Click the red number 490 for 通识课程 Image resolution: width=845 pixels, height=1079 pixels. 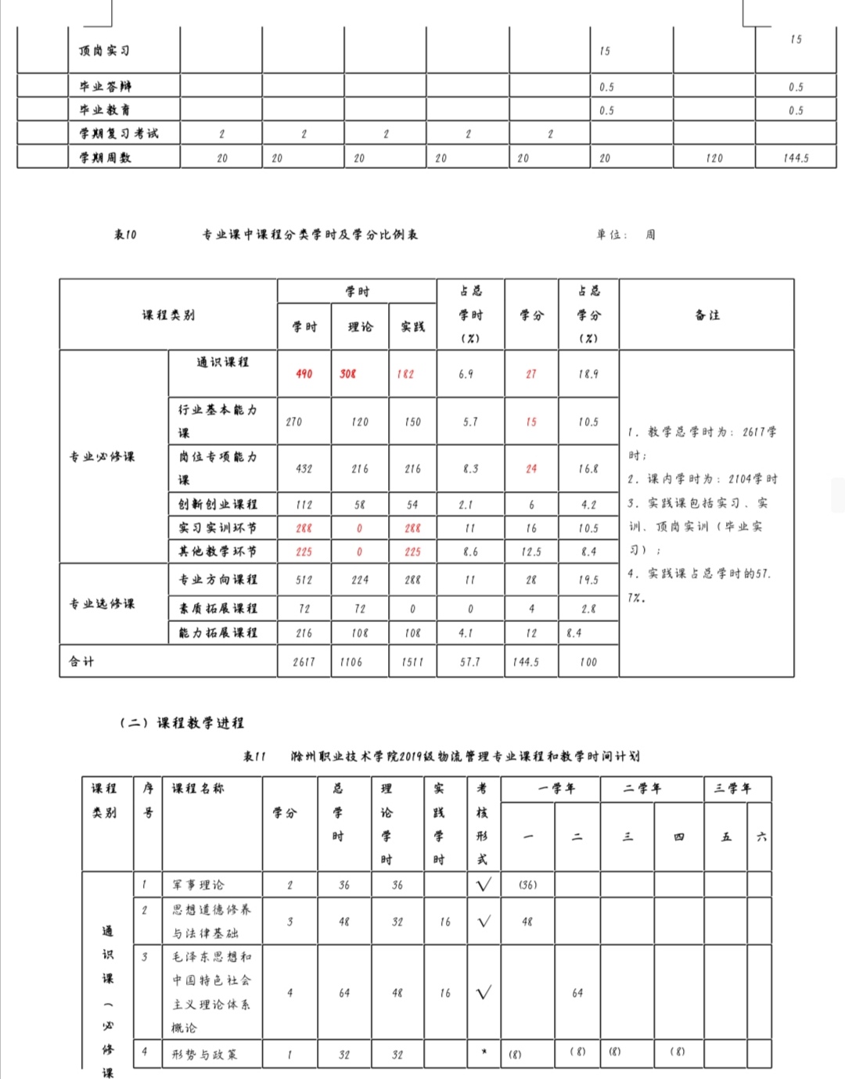(304, 374)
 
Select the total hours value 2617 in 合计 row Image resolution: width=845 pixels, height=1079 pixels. (304, 662)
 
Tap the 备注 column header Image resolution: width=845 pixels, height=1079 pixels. (707, 315)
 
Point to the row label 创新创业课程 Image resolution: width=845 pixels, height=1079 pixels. (218, 505)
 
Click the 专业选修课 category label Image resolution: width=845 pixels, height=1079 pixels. (102, 603)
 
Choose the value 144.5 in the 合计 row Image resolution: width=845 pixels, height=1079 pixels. (526, 662)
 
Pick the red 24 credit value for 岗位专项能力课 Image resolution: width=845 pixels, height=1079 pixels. (531, 469)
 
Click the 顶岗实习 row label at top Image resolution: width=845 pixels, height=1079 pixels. (104, 51)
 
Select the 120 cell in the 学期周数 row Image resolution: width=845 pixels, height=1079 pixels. (714, 158)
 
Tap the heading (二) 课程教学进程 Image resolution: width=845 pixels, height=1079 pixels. (182, 722)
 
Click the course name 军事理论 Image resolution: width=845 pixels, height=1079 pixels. (198, 885)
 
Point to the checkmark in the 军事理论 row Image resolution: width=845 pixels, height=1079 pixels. (484, 885)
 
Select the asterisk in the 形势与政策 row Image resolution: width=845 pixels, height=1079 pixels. (484, 1052)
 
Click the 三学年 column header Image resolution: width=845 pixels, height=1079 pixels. (731, 789)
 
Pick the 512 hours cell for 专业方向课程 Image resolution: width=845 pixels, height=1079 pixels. (304, 580)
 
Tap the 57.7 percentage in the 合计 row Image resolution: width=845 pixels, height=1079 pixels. (470, 662)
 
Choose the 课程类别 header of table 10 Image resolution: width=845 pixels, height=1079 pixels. (168, 315)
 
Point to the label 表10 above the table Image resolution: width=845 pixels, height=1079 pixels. (125, 234)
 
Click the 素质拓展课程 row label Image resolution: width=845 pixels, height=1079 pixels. (218, 608)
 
